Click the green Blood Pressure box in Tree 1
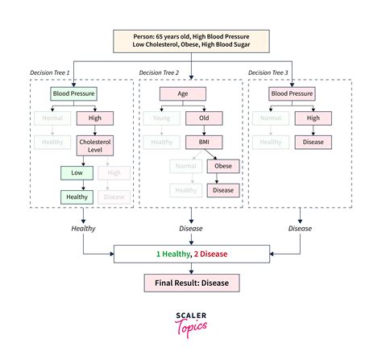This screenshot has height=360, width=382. [73, 93]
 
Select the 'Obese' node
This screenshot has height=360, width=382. [223, 166]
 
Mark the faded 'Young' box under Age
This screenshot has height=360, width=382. [160, 118]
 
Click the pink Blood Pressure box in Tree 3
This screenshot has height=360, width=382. [292, 93]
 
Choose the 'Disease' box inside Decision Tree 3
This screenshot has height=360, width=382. [314, 141]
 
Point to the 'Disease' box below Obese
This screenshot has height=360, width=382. [223, 191]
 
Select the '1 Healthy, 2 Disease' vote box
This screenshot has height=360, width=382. [191, 254]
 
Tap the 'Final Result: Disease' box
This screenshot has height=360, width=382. [191, 283]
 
